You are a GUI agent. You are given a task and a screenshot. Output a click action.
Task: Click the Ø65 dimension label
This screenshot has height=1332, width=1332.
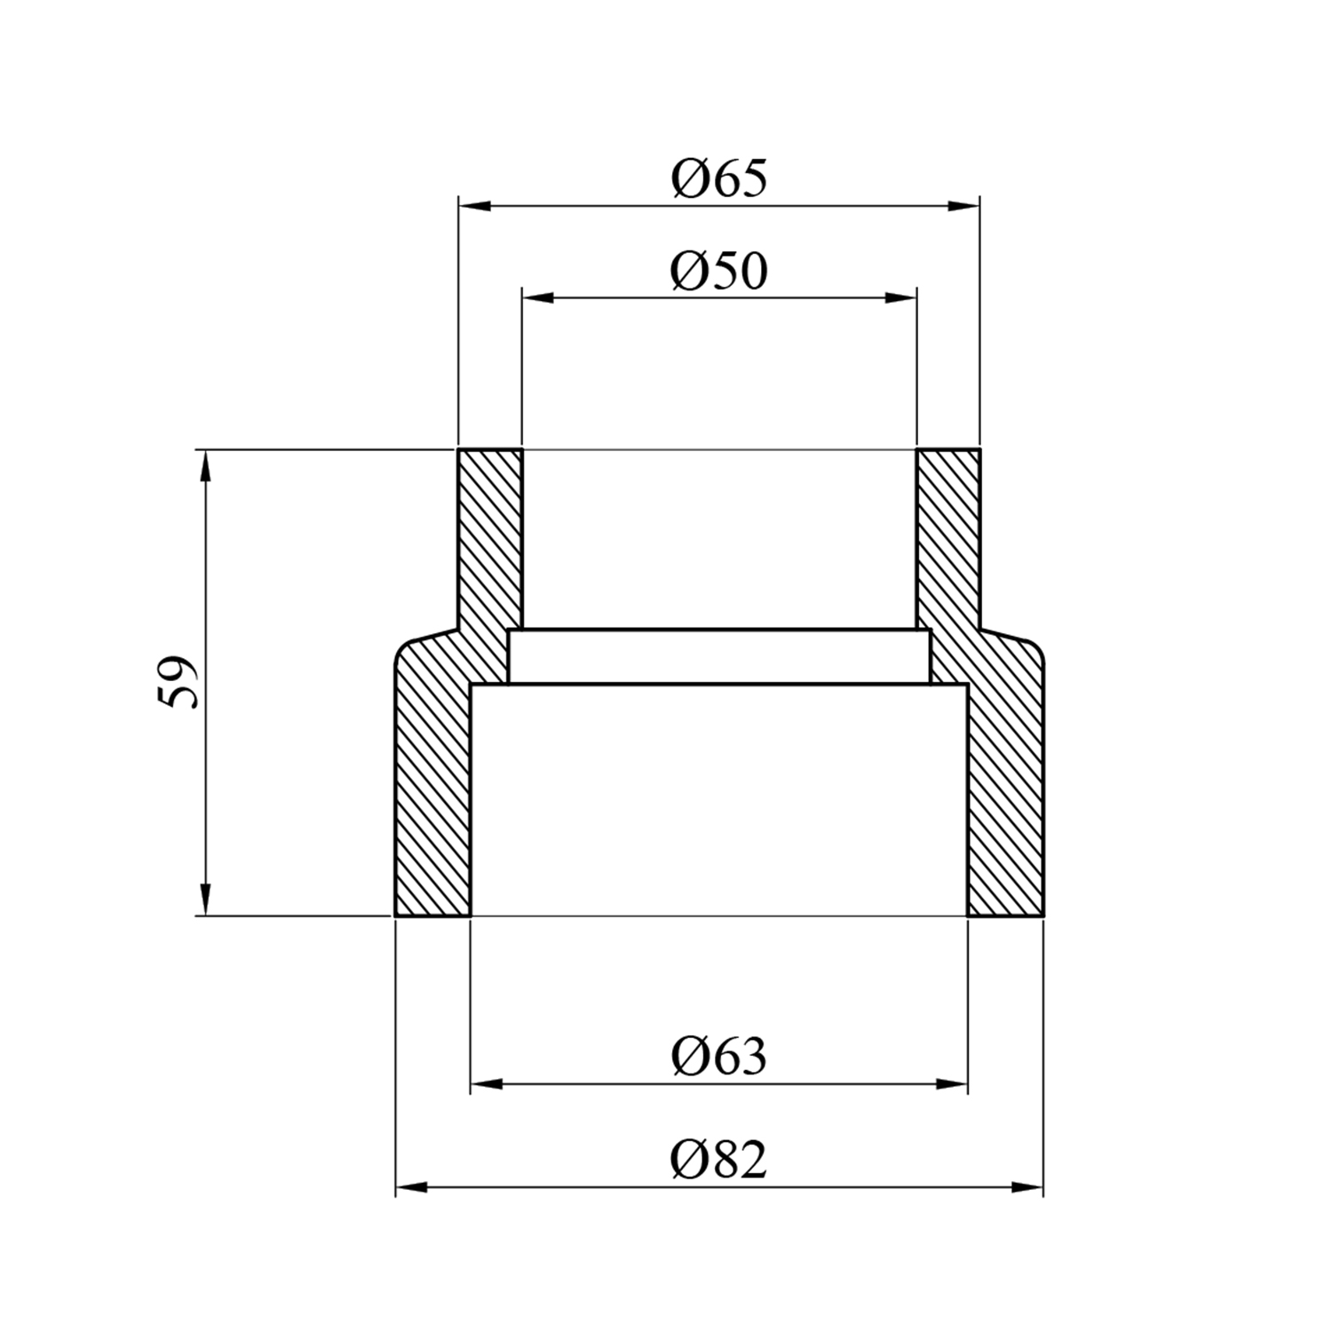[719, 178]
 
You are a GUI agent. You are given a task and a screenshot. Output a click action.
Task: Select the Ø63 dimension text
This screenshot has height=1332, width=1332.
[719, 1057]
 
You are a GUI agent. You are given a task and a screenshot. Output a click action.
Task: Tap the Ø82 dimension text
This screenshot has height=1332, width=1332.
[719, 1160]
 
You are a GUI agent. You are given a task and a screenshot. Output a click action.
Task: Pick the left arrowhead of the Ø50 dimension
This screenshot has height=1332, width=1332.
[537, 298]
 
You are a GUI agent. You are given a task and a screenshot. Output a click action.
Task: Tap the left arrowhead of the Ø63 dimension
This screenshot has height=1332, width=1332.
[487, 1084]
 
